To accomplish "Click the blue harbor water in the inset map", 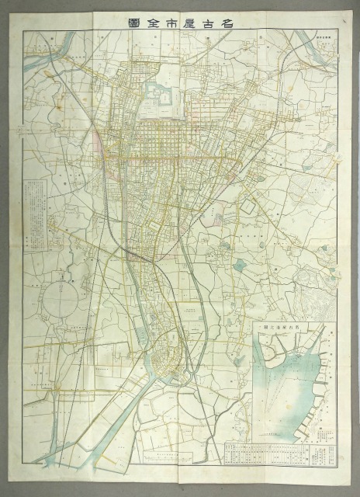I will pyautogui.click(x=291, y=388).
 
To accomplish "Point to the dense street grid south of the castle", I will pyautogui.click(x=163, y=140).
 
